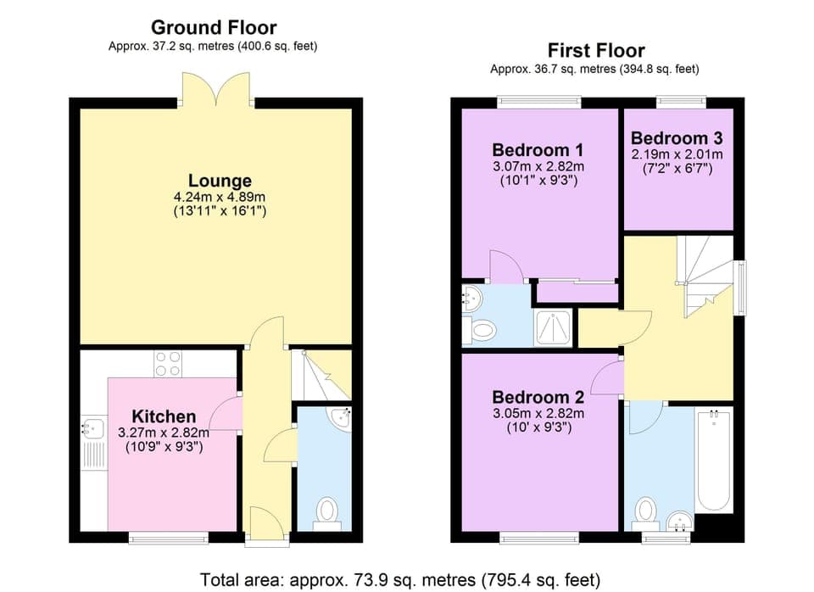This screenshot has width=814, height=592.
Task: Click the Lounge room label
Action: [220, 181]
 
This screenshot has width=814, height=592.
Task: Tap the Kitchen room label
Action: [164, 416]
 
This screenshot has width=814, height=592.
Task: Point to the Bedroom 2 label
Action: [538, 397]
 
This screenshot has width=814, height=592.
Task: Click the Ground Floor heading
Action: [213, 28]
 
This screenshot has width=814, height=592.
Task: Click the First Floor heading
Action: [595, 50]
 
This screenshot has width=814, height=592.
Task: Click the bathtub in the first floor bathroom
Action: [714, 461]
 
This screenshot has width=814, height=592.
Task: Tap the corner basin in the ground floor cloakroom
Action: [342, 417]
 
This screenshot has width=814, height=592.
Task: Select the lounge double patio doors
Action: [217, 89]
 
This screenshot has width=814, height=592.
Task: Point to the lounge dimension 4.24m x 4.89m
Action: [220, 198]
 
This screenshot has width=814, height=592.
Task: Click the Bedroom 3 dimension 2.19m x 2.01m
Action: [677, 154]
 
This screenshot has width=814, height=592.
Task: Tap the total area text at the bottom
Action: [400, 580]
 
